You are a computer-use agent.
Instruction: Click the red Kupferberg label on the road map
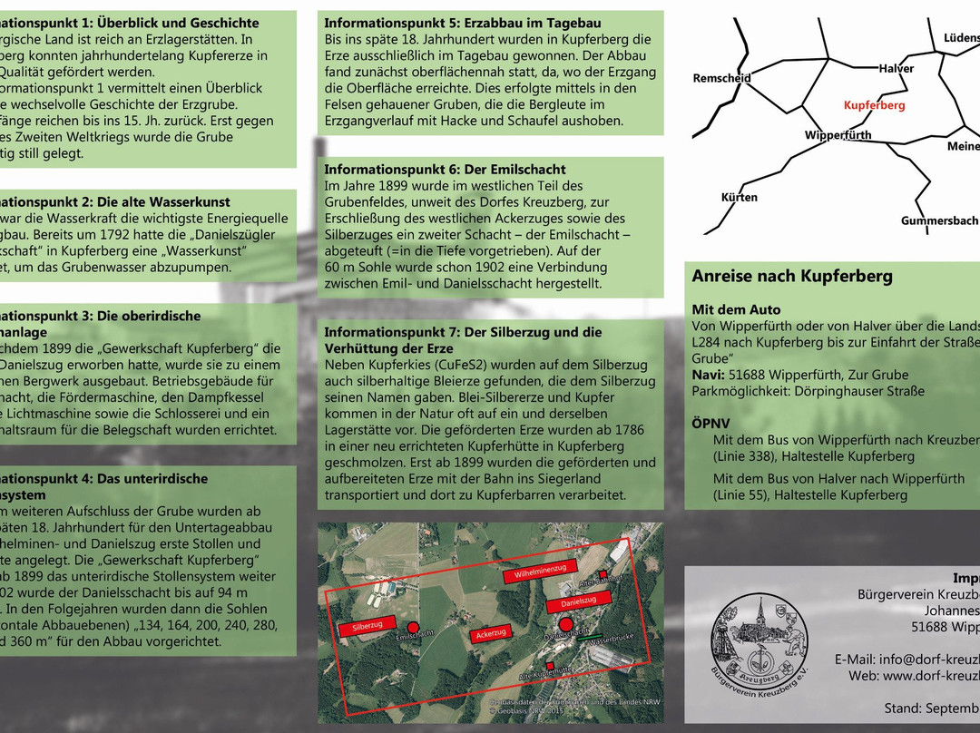[x=874, y=105]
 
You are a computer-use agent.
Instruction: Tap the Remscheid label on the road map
[x=721, y=78]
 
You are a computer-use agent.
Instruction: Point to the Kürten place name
[x=739, y=197]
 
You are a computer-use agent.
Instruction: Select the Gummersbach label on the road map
[x=939, y=220]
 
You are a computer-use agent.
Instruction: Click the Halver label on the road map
[x=896, y=69]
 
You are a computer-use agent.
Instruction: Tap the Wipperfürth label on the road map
[x=838, y=135]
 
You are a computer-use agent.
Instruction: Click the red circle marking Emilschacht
[x=413, y=627]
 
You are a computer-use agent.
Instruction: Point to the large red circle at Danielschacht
[x=565, y=624]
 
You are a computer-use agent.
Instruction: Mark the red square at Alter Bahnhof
[x=602, y=574]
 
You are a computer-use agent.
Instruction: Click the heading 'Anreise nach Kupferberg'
[x=792, y=277]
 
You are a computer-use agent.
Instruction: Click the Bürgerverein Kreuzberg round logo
[x=759, y=638]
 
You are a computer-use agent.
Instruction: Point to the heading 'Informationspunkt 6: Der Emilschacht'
[x=445, y=170]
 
